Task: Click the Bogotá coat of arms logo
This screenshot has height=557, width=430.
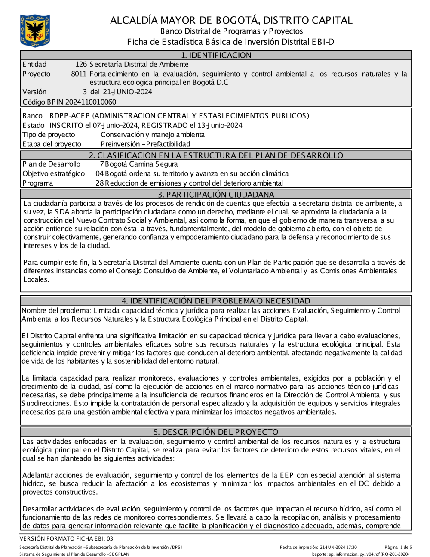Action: (35, 31)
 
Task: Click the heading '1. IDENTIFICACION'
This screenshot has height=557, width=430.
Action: (216, 55)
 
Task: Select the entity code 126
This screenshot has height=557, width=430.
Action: (81, 65)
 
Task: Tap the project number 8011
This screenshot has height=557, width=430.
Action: (79, 74)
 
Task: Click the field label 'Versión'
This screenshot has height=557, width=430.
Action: (34, 92)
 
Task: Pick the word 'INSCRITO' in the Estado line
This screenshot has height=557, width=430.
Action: (66, 125)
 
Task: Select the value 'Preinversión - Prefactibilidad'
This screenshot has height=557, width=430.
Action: (145, 144)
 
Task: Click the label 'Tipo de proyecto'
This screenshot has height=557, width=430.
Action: (49, 135)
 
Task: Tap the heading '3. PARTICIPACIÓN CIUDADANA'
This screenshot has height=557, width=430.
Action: (216, 195)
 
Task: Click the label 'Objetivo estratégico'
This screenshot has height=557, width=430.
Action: (54, 173)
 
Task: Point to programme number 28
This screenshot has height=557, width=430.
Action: (99, 183)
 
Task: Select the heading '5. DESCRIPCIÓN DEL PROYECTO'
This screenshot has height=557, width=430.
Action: (216, 432)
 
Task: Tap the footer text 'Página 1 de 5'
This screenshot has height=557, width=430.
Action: (398, 548)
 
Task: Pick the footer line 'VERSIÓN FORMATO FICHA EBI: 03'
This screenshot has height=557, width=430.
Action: (66, 538)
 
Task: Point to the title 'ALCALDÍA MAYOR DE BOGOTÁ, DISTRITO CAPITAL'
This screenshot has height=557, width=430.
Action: (231, 20)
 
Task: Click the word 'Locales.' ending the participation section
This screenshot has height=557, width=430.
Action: (36, 279)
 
